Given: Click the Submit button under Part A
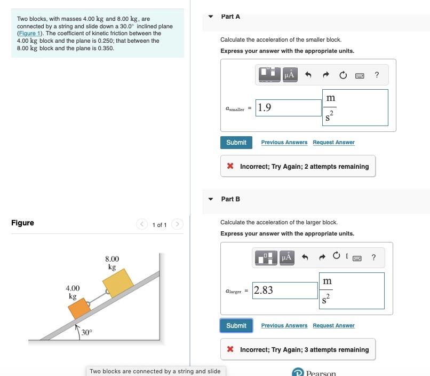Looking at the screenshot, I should [x=236, y=143].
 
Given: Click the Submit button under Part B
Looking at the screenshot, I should [x=236, y=326].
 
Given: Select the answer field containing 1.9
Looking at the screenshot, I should [x=288, y=107].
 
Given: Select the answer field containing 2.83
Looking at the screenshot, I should [x=285, y=291].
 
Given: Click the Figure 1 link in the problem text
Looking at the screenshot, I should [x=29, y=33].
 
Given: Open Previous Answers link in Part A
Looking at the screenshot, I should [x=284, y=143].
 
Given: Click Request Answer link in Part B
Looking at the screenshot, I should [x=333, y=326].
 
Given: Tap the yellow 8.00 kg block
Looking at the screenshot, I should [x=117, y=282].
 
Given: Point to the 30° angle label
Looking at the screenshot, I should [x=86, y=332].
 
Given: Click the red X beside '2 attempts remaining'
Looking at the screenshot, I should [x=230, y=167].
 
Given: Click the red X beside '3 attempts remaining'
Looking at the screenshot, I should [x=230, y=350].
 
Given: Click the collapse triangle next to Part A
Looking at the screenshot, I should [x=211, y=17].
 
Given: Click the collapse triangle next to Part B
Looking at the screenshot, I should [x=211, y=199].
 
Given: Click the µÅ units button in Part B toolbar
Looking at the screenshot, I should [x=286, y=258].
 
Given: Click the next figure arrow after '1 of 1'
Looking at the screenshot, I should [x=178, y=225].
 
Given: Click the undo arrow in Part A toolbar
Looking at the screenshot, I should [x=308, y=75].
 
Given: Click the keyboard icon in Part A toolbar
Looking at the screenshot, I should [x=360, y=75].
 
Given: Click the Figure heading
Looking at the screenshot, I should [x=22, y=223].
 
